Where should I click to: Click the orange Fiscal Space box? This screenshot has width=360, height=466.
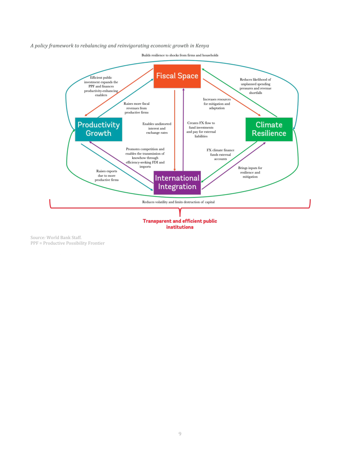(x=177, y=76)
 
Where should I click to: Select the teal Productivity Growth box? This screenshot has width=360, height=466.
(x=98, y=129)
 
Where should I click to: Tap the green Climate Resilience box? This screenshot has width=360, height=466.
(x=269, y=129)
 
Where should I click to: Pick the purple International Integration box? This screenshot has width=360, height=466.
(x=177, y=182)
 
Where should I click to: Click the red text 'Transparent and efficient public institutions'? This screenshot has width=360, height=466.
(x=180, y=224)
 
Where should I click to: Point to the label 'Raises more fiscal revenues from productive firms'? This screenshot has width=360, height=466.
(x=137, y=108)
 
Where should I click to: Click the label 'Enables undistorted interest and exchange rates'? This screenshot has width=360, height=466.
(x=157, y=128)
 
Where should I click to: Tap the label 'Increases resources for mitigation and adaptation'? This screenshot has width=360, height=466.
(x=217, y=104)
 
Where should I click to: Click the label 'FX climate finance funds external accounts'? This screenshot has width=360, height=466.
(x=220, y=155)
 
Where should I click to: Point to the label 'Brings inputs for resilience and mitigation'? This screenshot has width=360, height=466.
(x=250, y=173)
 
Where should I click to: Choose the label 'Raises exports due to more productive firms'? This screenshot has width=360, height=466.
(x=107, y=176)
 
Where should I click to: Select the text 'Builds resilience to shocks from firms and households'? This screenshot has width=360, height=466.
(x=180, y=55)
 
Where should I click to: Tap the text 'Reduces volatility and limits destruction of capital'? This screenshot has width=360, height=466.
(x=178, y=202)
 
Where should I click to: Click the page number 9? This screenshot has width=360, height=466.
(x=180, y=434)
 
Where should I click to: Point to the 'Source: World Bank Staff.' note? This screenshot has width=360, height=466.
(x=56, y=237)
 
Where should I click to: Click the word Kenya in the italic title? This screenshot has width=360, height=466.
(x=202, y=46)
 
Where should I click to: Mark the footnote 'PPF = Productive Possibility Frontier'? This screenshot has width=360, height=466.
(x=67, y=243)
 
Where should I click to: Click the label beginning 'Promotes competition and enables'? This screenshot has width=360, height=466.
(x=145, y=158)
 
